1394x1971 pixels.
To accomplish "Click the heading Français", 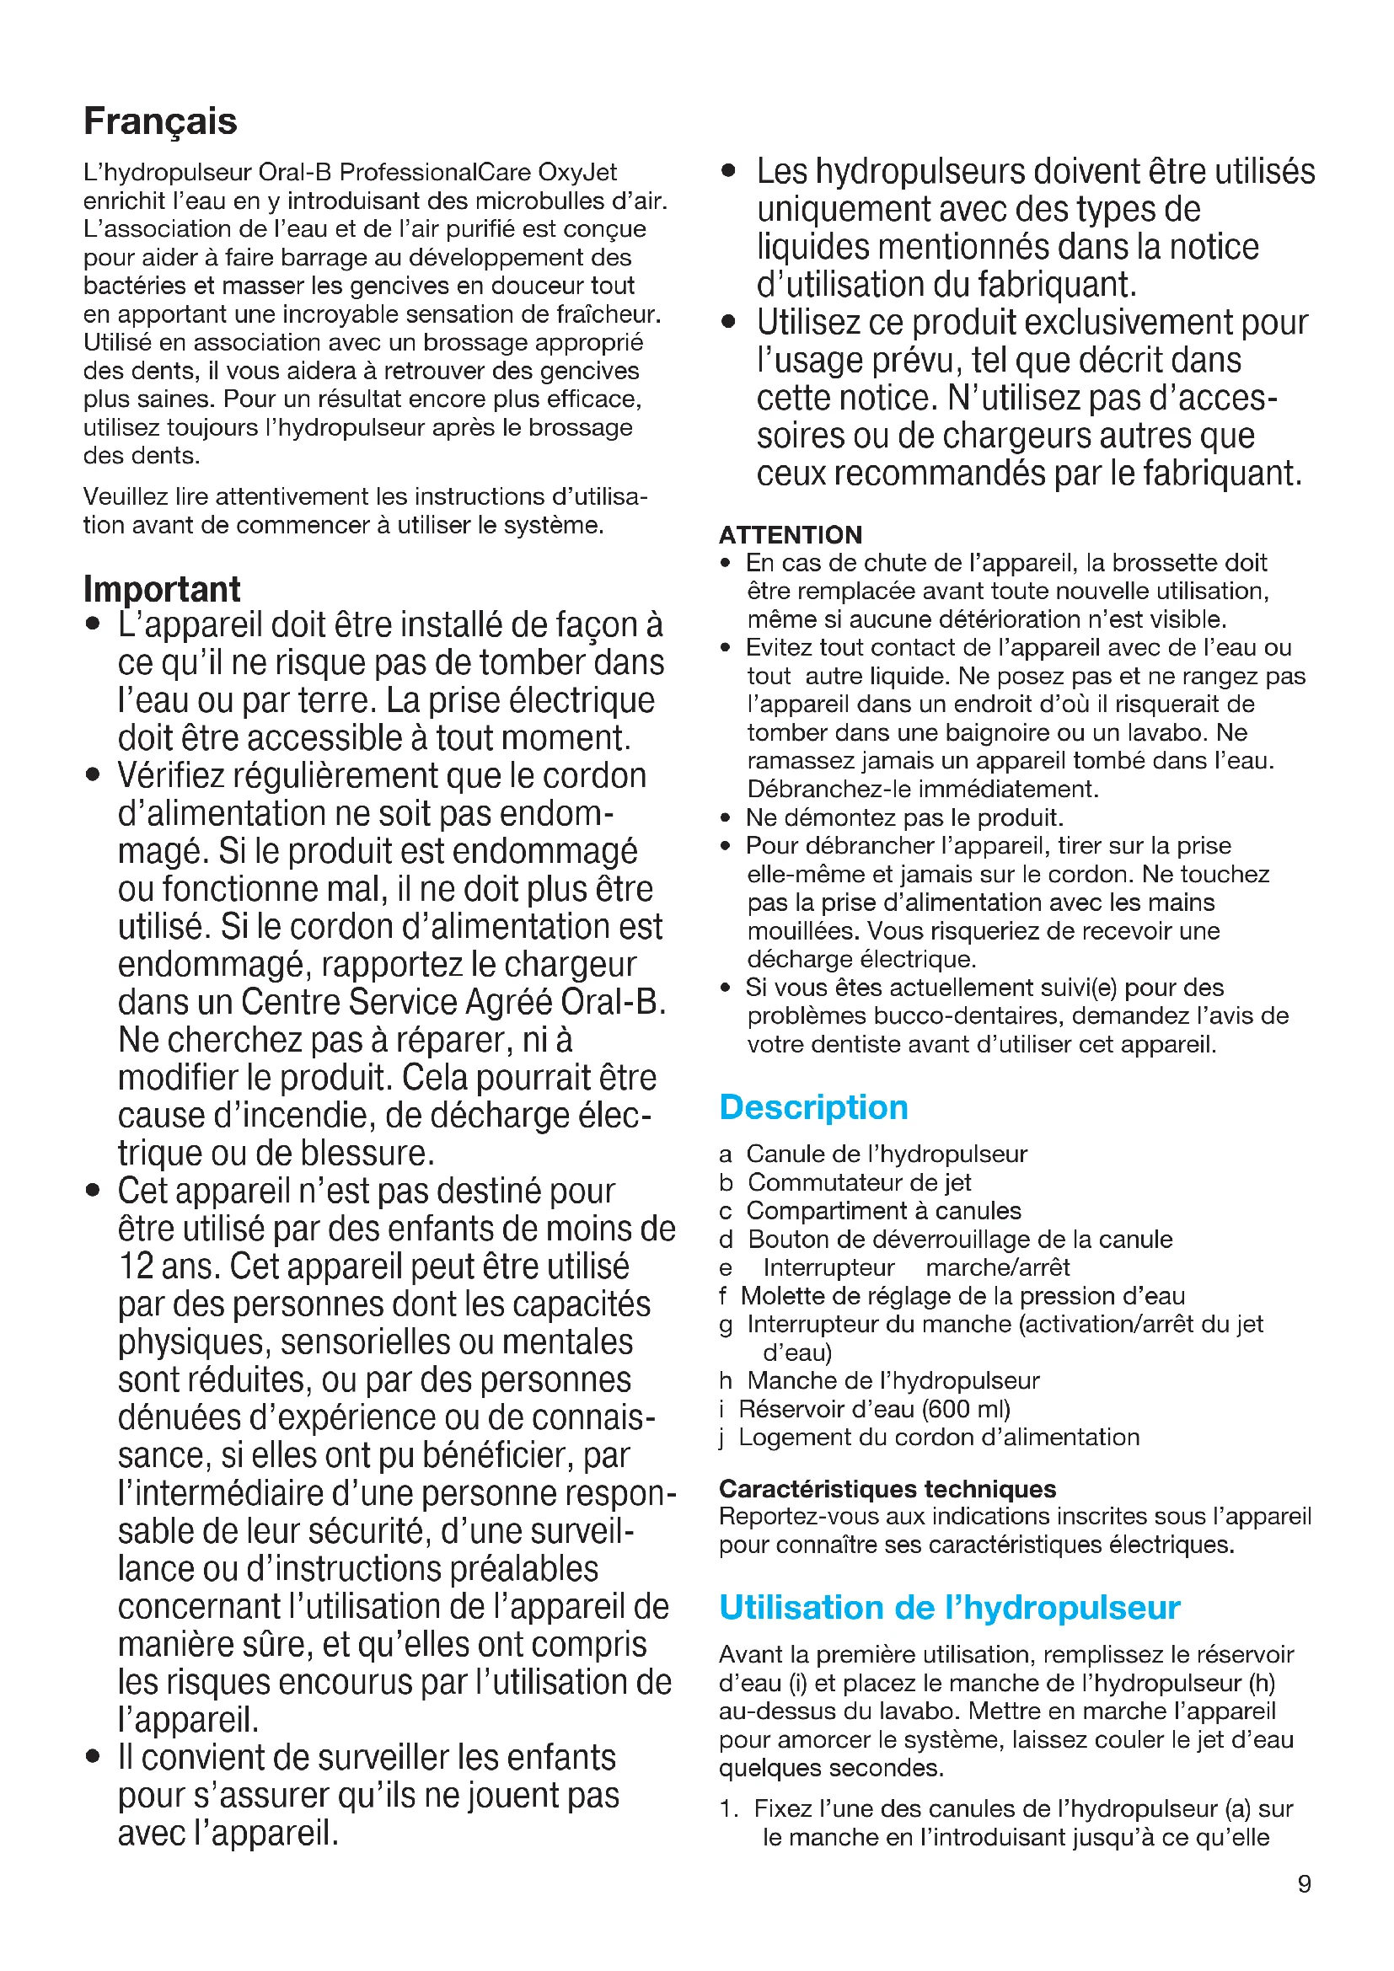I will (x=160, y=121).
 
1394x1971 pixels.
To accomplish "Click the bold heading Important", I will (x=162, y=590).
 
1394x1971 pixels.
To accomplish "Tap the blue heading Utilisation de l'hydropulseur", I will (x=949, y=1607).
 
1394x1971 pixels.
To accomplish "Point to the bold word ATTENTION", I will (x=790, y=535).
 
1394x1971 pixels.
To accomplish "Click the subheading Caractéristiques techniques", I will (x=887, y=1488).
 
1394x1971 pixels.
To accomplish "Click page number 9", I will (x=1304, y=1884).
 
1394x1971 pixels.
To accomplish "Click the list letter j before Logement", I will (x=724, y=1438).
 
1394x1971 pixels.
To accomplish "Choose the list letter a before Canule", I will (x=726, y=1154).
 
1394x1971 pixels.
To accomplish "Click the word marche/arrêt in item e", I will (x=997, y=1268).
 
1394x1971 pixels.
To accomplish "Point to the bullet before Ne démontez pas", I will (x=726, y=818).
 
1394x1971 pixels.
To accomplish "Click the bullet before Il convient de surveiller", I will (x=94, y=1757).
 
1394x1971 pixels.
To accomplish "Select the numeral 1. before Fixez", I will (x=729, y=1808).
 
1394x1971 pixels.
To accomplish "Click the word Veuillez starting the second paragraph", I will (x=122, y=497).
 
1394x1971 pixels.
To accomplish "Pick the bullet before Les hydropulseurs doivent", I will (x=729, y=171).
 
